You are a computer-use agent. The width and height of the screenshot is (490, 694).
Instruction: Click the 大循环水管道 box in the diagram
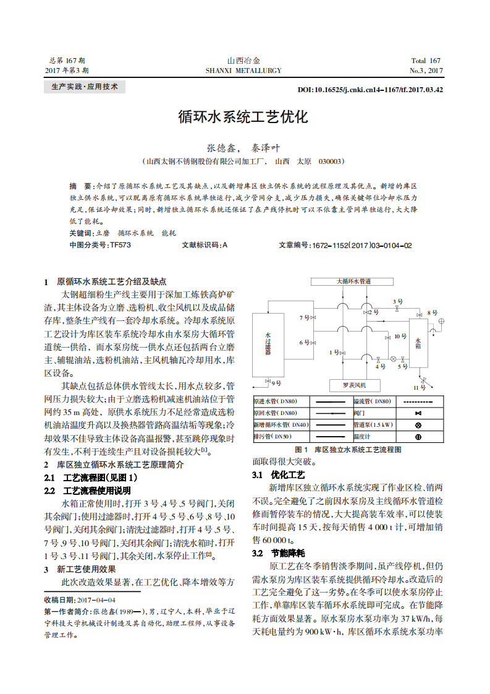(354, 281)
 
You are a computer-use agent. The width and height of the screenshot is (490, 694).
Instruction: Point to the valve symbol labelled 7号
(314, 317)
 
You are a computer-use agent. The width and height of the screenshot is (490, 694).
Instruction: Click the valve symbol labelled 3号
(398, 307)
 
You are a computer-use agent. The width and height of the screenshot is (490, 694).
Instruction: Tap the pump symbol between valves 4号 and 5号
(393, 358)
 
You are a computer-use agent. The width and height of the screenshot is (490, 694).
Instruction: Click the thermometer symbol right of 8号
(441, 321)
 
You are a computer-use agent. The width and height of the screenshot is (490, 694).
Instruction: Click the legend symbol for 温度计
(418, 437)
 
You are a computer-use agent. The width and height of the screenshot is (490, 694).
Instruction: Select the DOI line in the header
(370, 90)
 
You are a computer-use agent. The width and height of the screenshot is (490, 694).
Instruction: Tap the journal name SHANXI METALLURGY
(243, 71)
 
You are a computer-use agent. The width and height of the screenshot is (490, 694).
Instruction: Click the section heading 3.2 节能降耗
(279, 552)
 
